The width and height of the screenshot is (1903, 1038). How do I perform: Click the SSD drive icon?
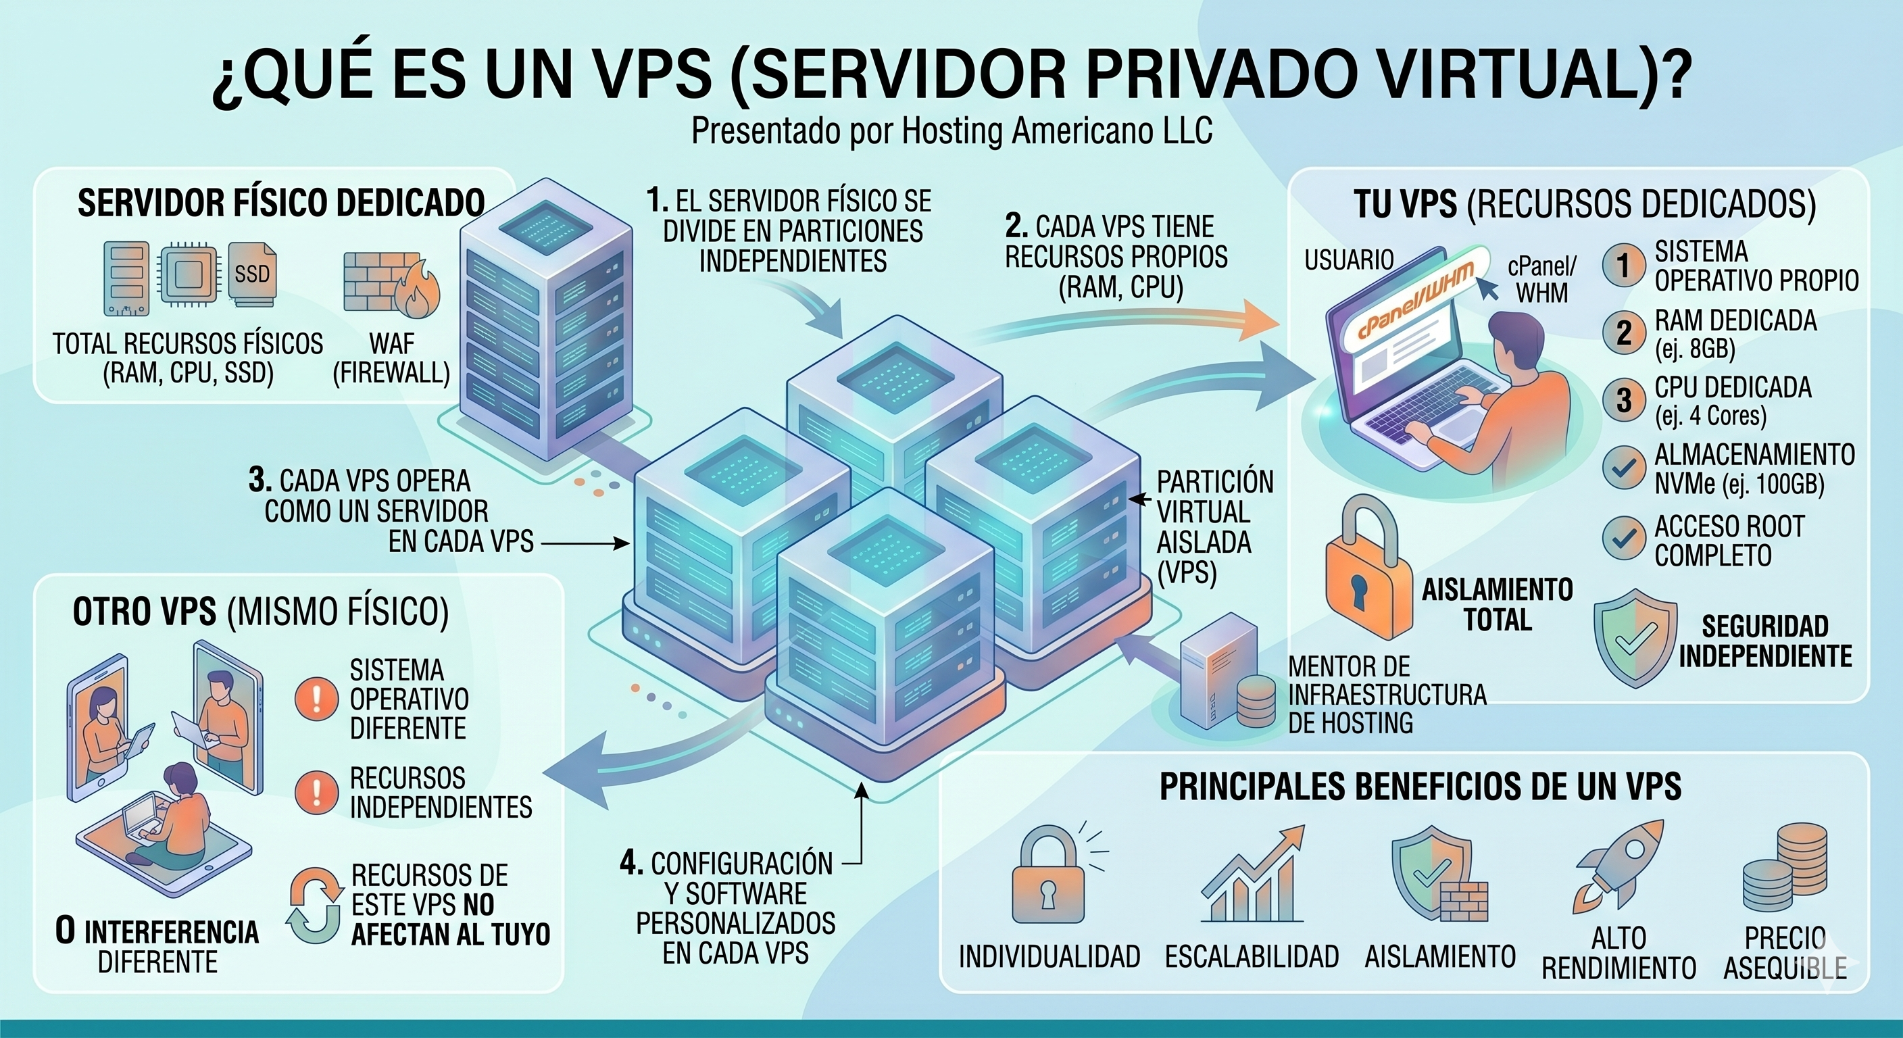[x=253, y=274]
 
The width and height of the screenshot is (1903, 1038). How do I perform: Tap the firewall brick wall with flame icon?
[x=391, y=285]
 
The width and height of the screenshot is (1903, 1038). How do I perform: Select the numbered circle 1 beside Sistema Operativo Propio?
[x=1623, y=265]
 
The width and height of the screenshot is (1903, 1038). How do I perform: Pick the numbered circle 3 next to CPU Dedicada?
[x=1623, y=399]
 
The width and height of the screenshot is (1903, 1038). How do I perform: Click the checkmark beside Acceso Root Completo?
[x=1623, y=539]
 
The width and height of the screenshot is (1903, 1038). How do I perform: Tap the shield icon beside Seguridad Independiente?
[x=1635, y=637]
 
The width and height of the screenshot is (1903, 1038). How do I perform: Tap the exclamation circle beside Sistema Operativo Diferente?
[x=316, y=698]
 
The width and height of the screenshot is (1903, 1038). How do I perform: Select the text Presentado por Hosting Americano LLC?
[x=951, y=132]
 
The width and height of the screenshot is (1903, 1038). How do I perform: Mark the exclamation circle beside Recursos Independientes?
[x=316, y=792]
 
